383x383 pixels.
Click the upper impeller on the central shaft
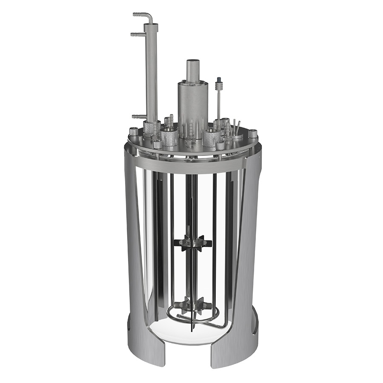[x=193, y=243]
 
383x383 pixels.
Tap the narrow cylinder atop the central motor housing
[x=193, y=70]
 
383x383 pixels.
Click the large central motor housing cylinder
[x=193, y=104]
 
